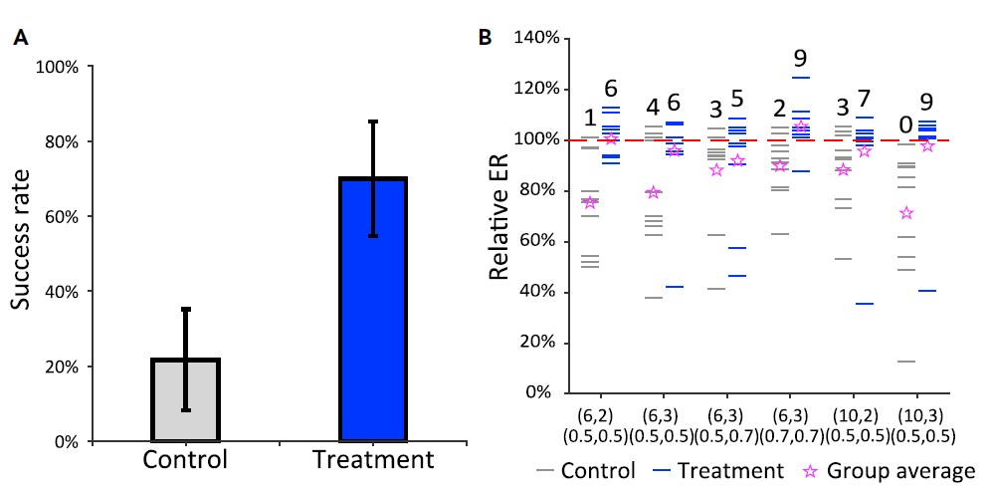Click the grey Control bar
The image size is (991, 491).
point(185,399)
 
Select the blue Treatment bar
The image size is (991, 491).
point(373,310)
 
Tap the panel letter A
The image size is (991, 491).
point(19,39)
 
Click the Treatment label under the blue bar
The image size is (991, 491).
point(373,460)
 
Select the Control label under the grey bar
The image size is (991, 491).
point(185,460)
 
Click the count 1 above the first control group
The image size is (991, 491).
point(590,120)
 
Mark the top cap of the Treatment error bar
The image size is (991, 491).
point(373,122)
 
